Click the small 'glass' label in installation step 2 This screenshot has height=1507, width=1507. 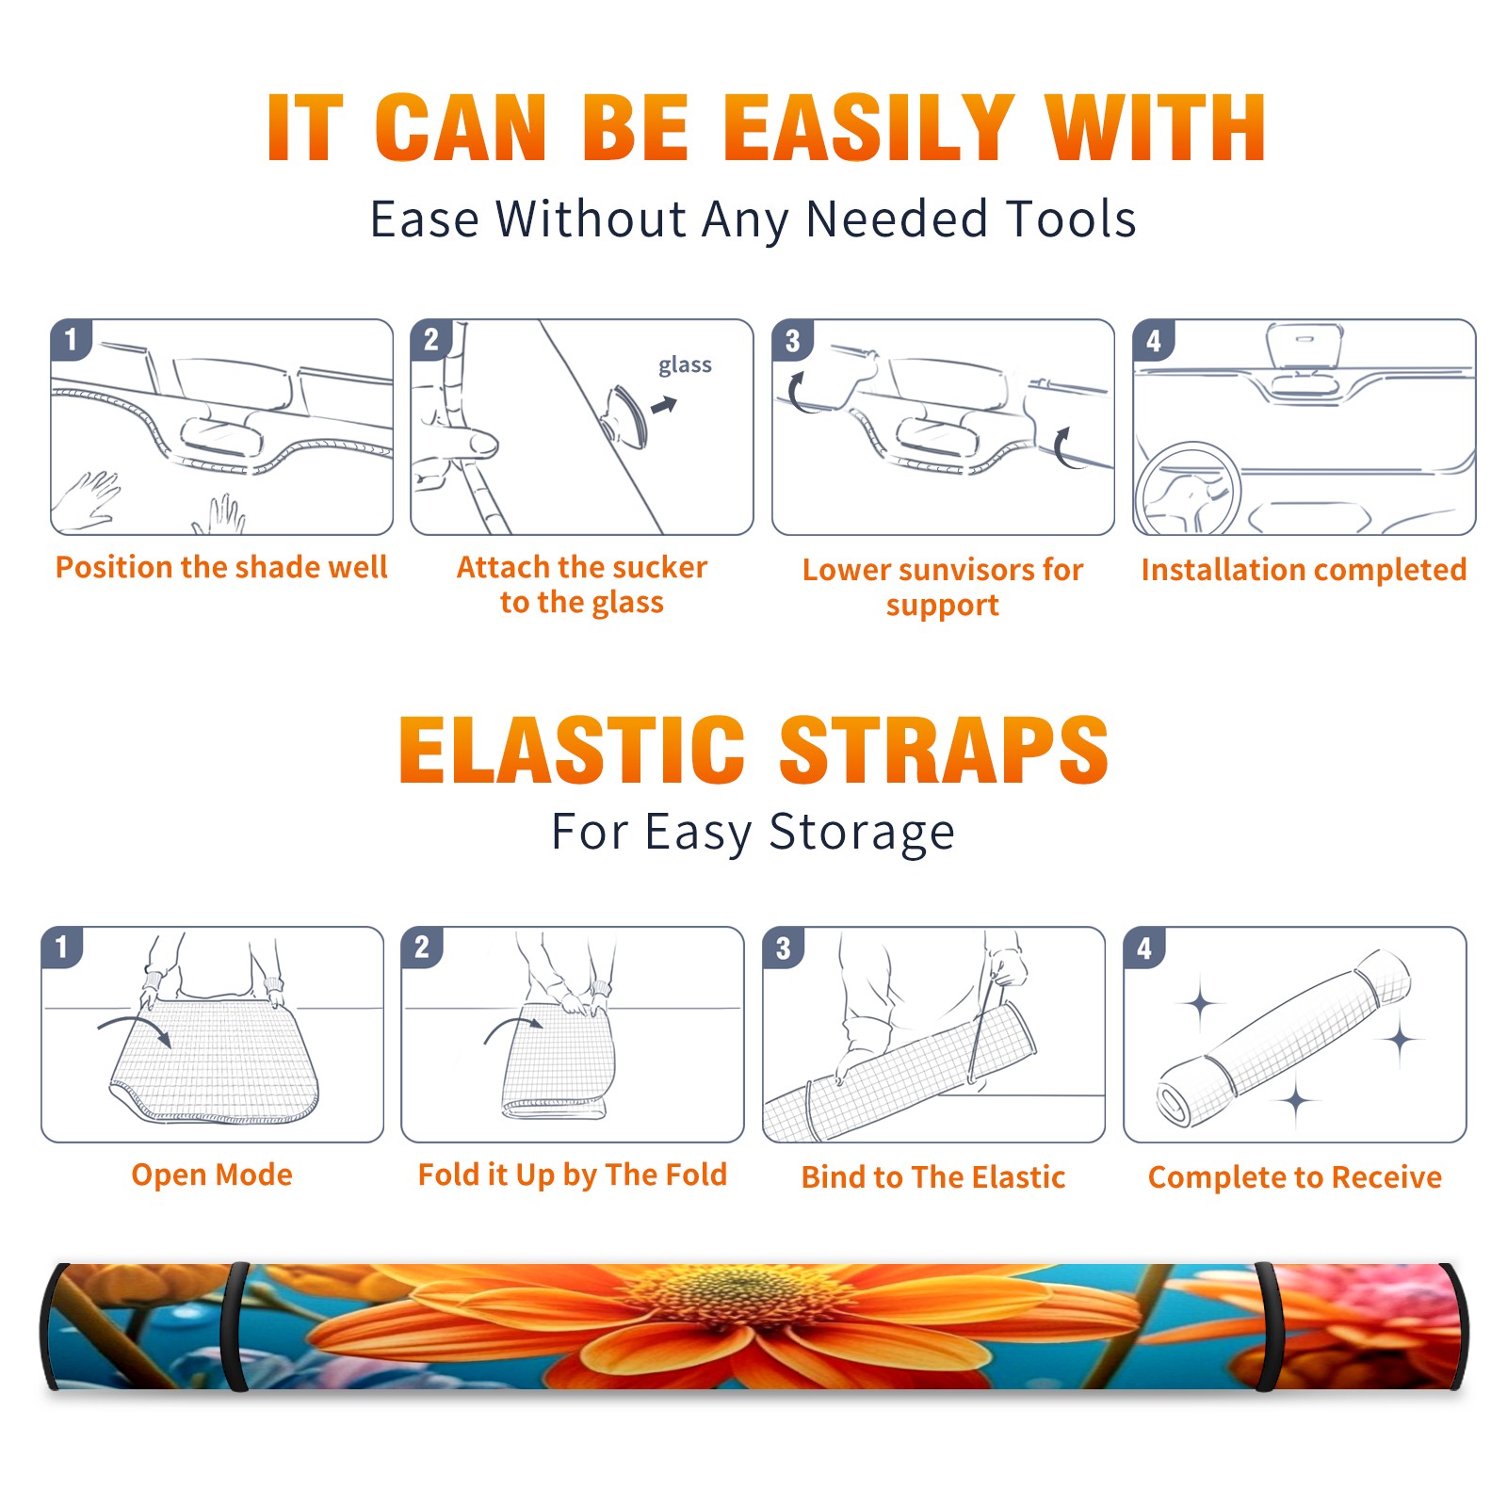click(x=685, y=365)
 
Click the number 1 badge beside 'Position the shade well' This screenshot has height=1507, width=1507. click(x=71, y=339)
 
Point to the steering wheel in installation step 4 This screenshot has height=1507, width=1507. click(x=1188, y=488)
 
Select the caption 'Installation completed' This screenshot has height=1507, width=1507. click(x=1304, y=570)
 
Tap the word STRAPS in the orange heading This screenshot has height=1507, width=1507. click(x=944, y=750)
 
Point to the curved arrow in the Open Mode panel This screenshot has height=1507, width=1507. click(x=135, y=1024)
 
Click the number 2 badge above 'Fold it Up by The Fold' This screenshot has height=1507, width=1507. click(x=421, y=947)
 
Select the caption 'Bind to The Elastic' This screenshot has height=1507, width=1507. click(x=932, y=1177)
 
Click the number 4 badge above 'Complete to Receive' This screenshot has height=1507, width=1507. click(x=1144, y=947)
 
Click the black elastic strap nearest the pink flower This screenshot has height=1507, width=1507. click(x=1268, y=1326)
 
